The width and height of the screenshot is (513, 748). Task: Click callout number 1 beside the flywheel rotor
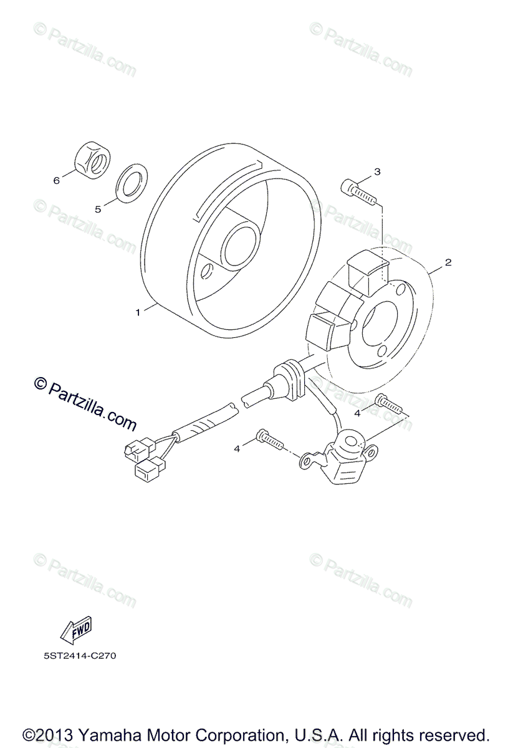(x=138, y=313)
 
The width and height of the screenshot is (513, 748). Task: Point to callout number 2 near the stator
(x=448, y=262)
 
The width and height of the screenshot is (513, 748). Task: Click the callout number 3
(x=377, y=171)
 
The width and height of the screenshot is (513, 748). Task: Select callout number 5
(x=98, y=209)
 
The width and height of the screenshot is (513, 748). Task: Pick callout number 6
(x=56, y=181)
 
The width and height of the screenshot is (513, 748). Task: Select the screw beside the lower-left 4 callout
(x=270, y=439)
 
